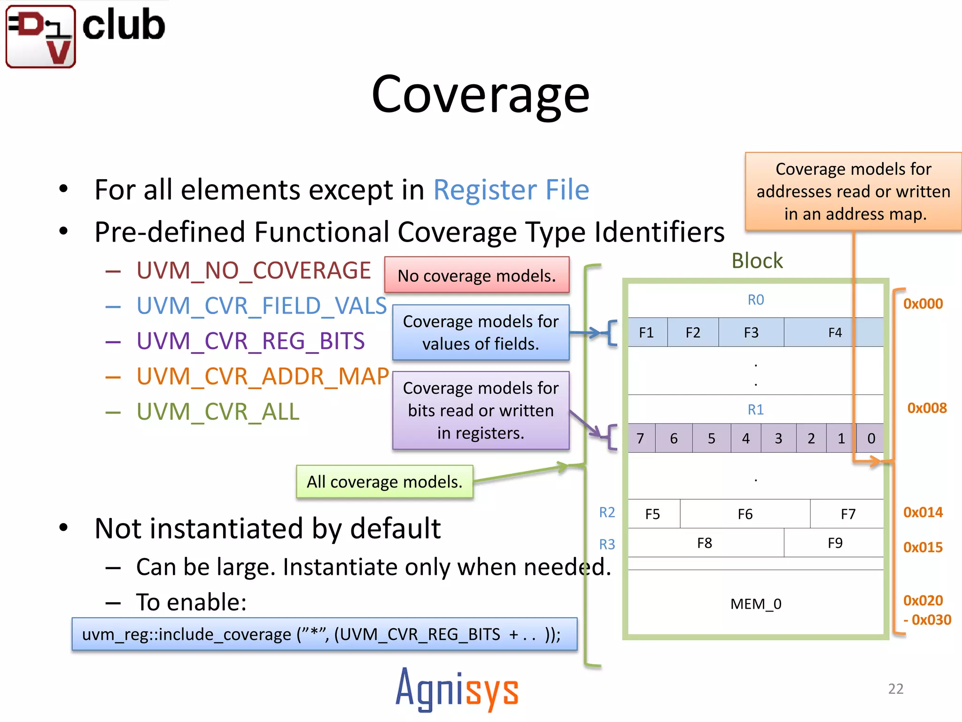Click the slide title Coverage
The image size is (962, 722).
click(x=480, y=95)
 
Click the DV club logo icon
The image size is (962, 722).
click(x=41, y=37)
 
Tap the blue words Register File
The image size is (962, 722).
click(x=511, y=190)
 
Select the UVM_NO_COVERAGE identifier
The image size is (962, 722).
click(x=253, y=271)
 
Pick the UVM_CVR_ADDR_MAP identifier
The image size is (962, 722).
click(x=262, y=377)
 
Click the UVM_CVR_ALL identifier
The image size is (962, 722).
click(x=217, y=412)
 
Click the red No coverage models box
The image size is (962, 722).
click(x=476, y=275)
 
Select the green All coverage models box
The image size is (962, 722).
click(x=384, y=482)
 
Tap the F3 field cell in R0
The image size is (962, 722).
click(x=751, y=333)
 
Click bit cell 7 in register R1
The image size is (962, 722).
click(x=640, y=439)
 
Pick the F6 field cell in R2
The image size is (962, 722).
click(x=745, y=514)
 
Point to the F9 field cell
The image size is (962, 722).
click(x=835, y=543)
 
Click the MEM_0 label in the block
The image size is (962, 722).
click(x=755, y=604)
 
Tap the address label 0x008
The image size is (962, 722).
click(x=926, y=408)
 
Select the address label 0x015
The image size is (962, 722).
click(x=923, y=547)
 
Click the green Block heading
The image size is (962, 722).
click(x=757, y=261)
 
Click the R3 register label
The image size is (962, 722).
click(x=606, y=544)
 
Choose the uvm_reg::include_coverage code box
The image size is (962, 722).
click(x=324, y=635)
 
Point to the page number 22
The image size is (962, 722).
click(x=895, y=689)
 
